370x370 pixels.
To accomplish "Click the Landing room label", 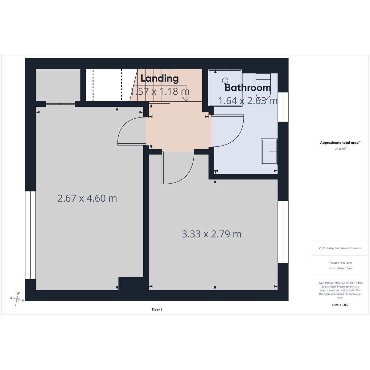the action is tap(159, 79).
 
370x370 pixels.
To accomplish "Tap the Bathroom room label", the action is tap(248, 88).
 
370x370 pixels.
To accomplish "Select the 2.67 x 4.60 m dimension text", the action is tap(87, 198).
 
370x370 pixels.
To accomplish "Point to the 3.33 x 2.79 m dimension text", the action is tap(212, 234).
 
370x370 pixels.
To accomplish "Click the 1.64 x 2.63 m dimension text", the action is tap(248, 101).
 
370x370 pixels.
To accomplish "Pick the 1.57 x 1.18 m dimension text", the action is tap(160, 91).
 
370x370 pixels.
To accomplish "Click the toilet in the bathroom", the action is tap(263, 87).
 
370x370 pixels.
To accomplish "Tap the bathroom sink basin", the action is tap(269, 152).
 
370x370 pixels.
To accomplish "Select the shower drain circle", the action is tap(225, 80).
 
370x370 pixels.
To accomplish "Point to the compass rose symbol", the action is tap(17, 299).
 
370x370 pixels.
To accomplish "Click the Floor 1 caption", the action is tap(157, 310).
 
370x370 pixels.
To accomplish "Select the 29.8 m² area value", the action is tap(340, 149).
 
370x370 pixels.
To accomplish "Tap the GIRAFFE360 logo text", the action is tap(340, 305).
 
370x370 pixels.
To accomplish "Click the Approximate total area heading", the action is tap(340, 143).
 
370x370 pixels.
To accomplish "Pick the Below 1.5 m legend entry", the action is tap(344, 268).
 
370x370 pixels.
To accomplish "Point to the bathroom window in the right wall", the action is tap(283, 107).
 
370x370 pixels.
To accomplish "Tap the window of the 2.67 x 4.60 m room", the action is tap(30, 235).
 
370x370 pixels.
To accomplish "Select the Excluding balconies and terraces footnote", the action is tap(340, 248).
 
